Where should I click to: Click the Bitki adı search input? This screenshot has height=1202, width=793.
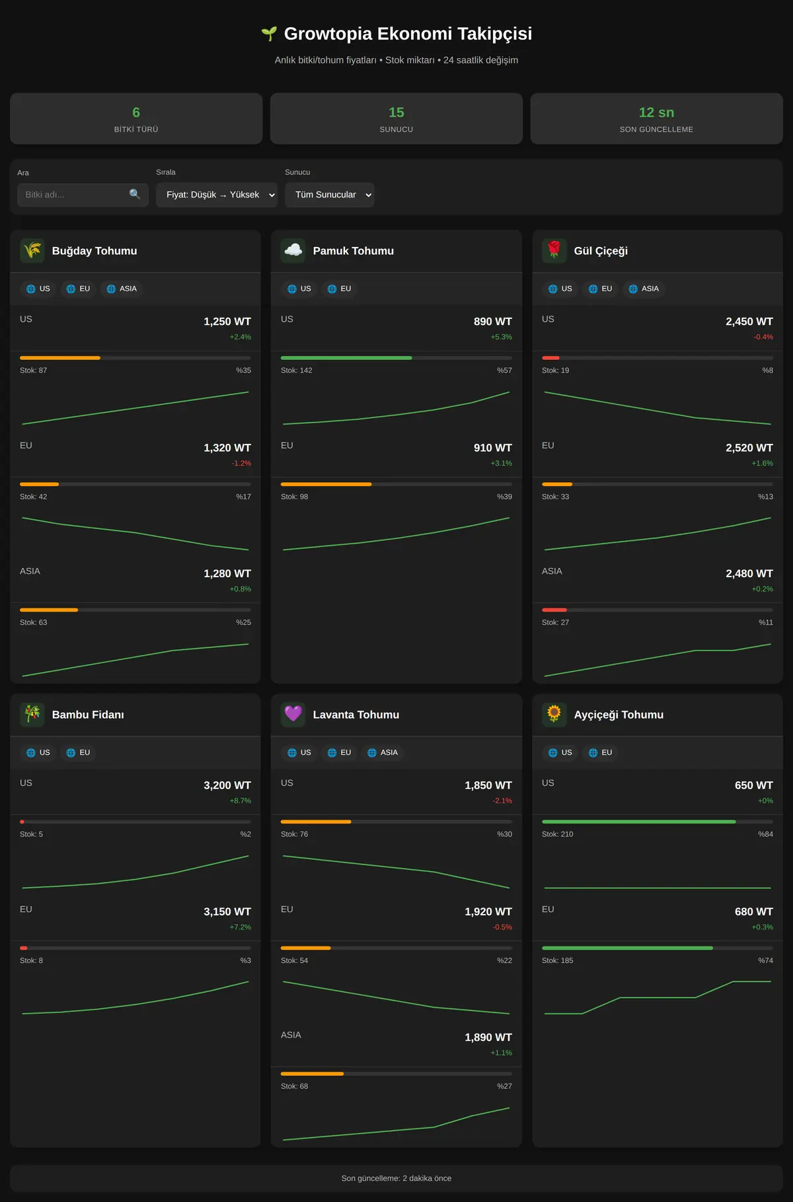pyautogui.click(x=83, y=195)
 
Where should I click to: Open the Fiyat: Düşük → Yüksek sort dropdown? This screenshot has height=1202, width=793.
pyautogui.click(x=217, y=195)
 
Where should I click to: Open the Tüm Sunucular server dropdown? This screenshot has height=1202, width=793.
pyautogui.click(x=330, y=195)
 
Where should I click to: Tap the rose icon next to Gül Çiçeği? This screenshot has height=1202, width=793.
pyautogui.click(x=554, y=251)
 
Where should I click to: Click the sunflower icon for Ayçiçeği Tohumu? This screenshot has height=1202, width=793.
pyautogui.click(x=554, y=715)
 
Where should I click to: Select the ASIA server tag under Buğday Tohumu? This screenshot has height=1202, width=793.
pyautogui.click(x=122, y=289)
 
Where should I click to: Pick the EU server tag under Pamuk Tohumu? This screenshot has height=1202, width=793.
pyautogui.click(x=339, y=289)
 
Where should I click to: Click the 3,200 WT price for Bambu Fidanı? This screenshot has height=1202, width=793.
pyautogui.click(x=227, y=785)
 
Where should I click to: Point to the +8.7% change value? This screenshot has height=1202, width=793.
pyautogui.click(x=241, y=800)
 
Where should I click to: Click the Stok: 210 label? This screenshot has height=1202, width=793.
pyautogui.click(x=558, y=834)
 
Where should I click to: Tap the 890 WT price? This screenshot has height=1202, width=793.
pyautogui.click(x=493, y=322)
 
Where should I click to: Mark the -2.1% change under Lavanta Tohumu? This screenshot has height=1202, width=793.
pyautogui.click(x=502, y=800)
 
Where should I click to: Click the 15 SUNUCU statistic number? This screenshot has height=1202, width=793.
pyautogui.click(x=397, y=112)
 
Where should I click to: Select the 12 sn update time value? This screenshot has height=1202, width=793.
pyautogui.click(x=657, y=112)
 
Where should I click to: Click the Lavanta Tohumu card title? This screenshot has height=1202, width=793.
pyautogui.click(x=356, y=715)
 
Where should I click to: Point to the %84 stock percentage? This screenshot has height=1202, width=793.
pyautogui.click(x=765, y=834)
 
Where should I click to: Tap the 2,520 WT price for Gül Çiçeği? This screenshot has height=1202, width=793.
pyautogui.click(x=749, y=448)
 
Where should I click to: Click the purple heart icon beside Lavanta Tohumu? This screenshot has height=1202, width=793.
pyautogui.click(x=293, y=715)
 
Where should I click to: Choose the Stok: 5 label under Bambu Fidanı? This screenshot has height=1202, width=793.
pyautogui.click(x=32, y=834)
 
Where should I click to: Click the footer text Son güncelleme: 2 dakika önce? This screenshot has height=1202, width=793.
pyautogui.click(x=397, y=1178)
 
